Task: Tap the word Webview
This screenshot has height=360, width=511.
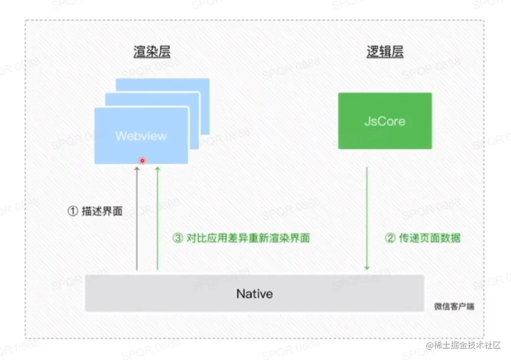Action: click(x=141, y=136)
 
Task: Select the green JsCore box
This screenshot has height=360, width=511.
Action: click(x=385, y=121)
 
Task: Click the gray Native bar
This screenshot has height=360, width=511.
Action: click(x=254, y=294)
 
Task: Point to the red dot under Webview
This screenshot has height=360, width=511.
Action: click(x=143, y=161)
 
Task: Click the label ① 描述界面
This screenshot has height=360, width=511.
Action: click(x=95, y=212)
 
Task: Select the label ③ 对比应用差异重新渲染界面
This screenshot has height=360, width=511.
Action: click(x=241, y=238)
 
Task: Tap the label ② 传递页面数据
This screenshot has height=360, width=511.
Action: click(x=423, y=238)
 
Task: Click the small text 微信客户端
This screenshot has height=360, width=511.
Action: click(x=453, y=307)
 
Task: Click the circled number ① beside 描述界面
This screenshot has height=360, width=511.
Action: click(x=73, y=212)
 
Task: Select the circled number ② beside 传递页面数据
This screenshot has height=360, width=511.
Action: click(x=390, y=238)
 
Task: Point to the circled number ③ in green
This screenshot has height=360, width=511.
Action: click(x=177, y=238)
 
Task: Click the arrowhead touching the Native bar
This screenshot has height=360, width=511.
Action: click(x=367, y=268)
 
